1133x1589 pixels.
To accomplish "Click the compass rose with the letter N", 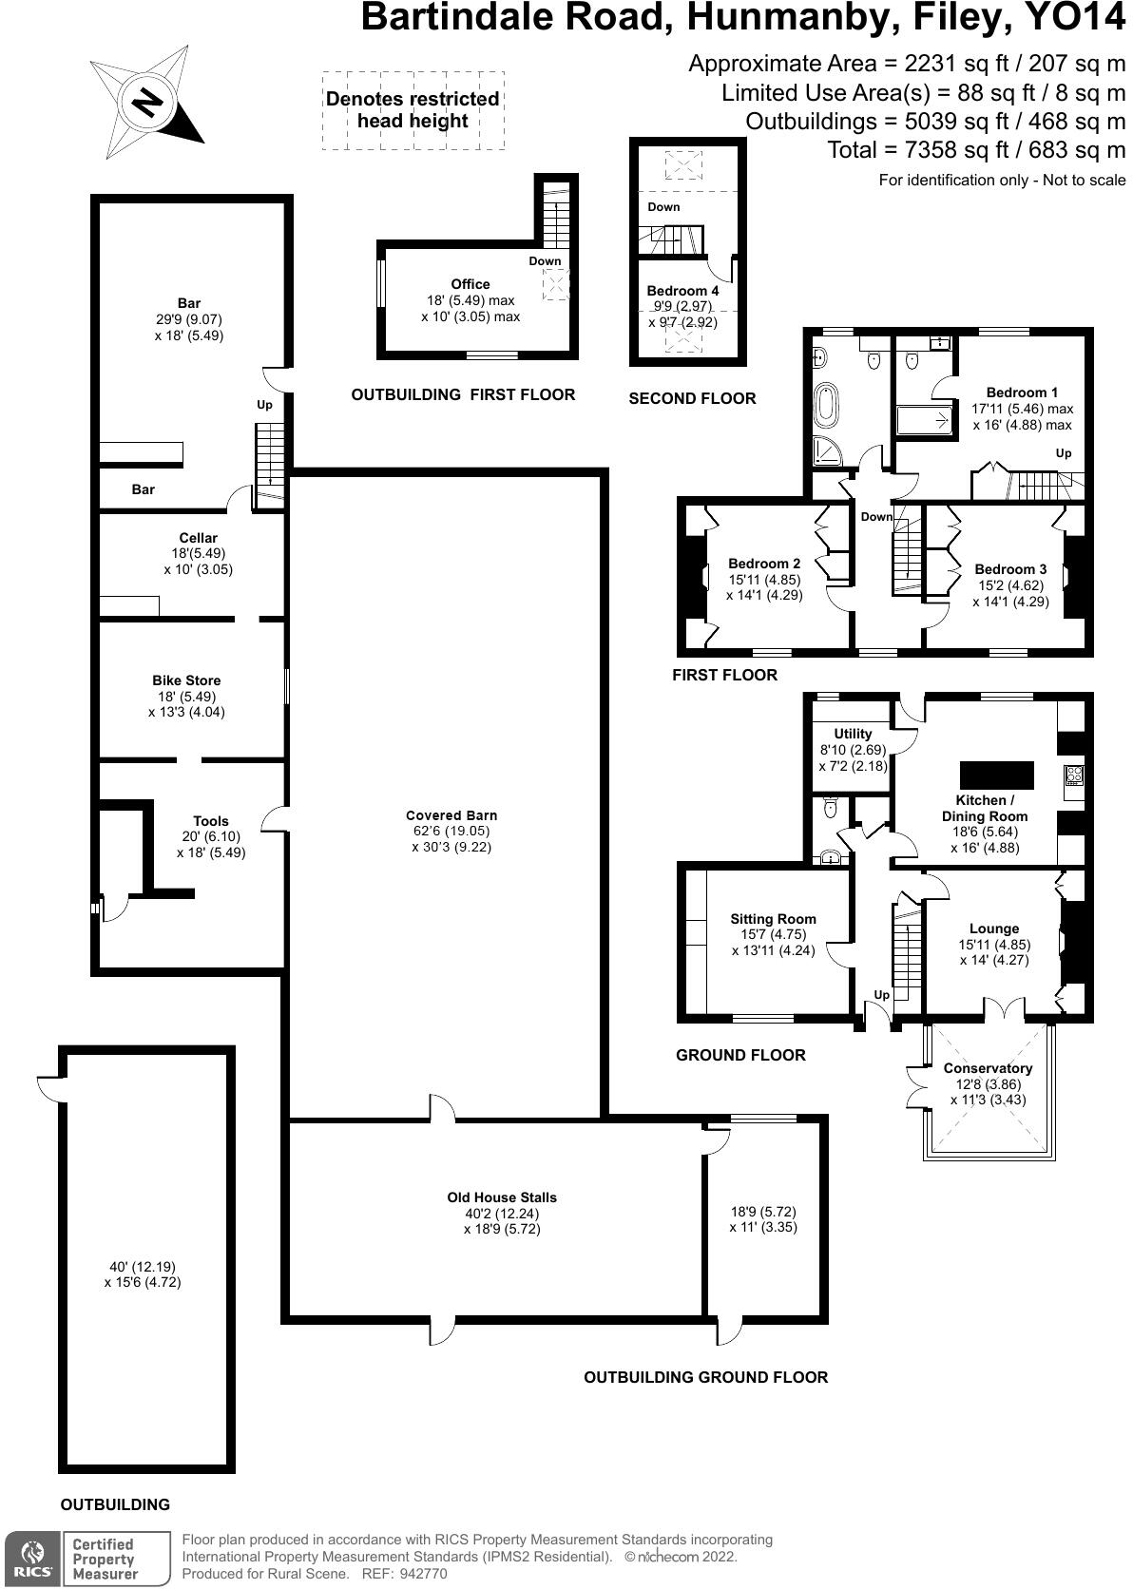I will (146, 102).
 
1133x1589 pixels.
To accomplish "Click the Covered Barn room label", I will (451, 815).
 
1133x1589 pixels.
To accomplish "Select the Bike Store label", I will (186, 680).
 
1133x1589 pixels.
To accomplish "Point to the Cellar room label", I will (198, 538).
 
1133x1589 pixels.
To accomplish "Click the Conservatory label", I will (988, 1068).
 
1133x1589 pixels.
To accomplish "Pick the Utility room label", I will (853, 734).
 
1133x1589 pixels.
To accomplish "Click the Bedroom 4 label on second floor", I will (682, 291).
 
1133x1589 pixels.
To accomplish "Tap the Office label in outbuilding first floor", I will (470, 284).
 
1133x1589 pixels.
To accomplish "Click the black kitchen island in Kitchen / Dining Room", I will (996, 775).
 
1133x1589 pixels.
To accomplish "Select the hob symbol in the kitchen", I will (1075, 775).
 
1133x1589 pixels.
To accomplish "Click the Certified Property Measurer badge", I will (105, 1559).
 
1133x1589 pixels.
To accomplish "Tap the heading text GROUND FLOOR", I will (740, 1055).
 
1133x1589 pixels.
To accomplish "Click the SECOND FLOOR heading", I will (692, 399).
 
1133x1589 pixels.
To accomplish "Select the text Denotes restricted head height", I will (413, 109).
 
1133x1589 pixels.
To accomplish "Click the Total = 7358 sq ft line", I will (976, 150).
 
